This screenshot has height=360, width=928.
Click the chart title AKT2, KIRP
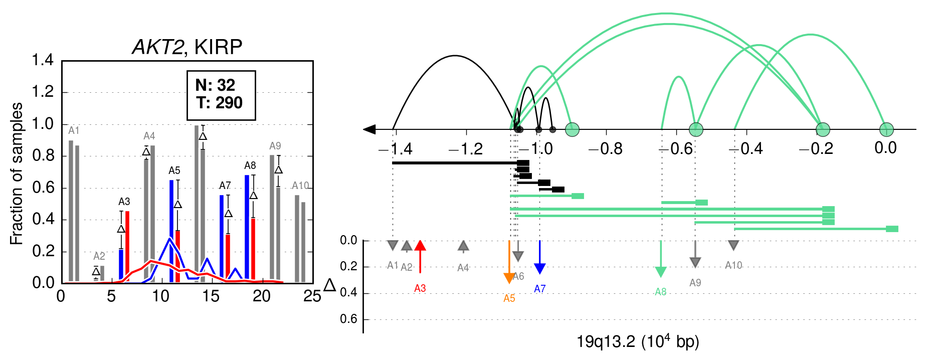point(187,47)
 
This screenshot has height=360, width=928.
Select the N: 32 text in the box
point(215,85)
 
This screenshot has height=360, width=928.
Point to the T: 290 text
point(220,103)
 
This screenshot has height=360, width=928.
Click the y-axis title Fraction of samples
point(17,173)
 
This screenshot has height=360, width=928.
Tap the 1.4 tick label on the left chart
point(43,60)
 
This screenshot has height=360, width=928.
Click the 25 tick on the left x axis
point(312,296)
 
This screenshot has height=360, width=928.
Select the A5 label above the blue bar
point(174,170)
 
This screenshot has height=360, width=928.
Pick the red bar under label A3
point(127,247)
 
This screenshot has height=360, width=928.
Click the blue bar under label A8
point(247,229)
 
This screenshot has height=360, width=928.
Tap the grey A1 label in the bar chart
point(74,130)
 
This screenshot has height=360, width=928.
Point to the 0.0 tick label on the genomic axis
point(885,148)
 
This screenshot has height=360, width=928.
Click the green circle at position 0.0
point(886,129)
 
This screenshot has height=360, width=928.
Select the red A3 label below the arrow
point(420,288)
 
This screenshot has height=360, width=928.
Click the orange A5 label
point(509,298)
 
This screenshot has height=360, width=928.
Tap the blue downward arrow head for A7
point(539,269)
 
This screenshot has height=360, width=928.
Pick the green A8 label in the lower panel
point(661,292)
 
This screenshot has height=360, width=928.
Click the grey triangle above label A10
point(733,245)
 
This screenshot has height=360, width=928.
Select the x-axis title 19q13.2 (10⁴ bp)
point(638,342)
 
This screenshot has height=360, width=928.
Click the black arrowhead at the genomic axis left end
point(369,129)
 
